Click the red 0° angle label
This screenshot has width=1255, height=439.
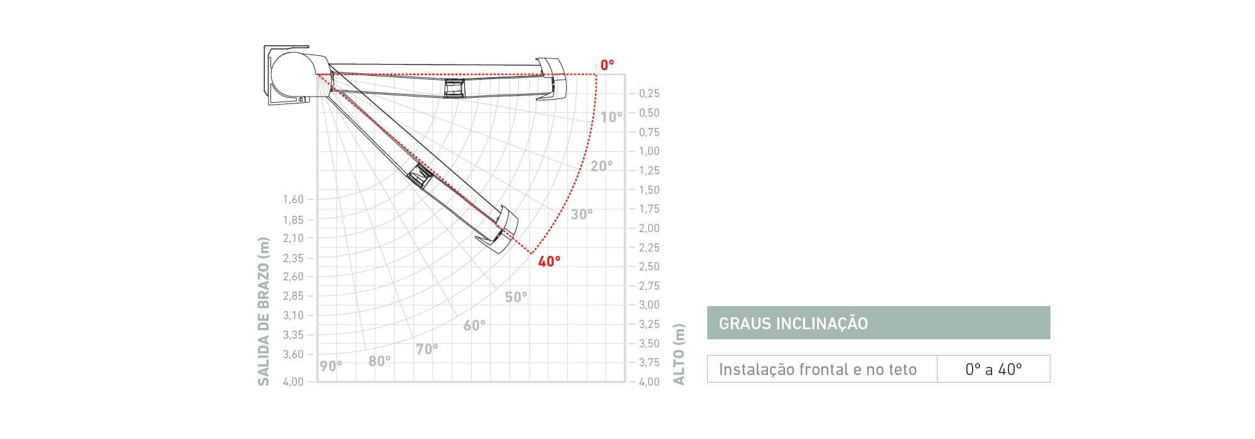[x=607, y=65]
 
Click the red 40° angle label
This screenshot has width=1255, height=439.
[x=549, y=262]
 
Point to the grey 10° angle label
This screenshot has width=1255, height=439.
[x=611, y=117]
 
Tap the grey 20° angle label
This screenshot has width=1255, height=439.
[x=602, y=166]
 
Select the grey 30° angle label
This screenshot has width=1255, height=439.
[x=582, y=214]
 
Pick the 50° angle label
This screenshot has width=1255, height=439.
[x=516, y=297]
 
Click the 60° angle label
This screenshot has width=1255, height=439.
[x=474, y=325]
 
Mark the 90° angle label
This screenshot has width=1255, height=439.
[x=331, y=366]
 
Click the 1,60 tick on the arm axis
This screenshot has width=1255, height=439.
[x=293, y=199]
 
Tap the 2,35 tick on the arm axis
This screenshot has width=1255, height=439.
[x=293, y=258]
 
